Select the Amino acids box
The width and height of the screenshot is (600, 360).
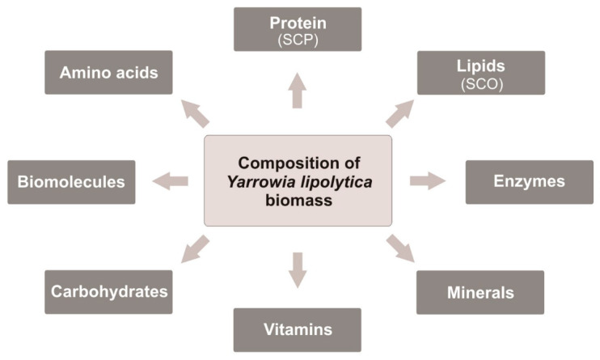[x=108, y=72]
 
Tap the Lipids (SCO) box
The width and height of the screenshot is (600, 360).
[x=480, y=73]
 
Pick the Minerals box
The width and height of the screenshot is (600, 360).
[x=480, y=292]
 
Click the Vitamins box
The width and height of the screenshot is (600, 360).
[x=297, y=329]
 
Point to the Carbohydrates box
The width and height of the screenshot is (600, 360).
[x=108, y=291]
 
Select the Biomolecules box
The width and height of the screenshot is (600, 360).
[x=71, y=181]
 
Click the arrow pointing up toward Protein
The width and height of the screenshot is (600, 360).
[x=297, y=90]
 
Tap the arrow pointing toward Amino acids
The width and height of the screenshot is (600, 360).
[x=194, y=114]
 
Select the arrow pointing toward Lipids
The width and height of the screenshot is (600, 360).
[x=399, y=114]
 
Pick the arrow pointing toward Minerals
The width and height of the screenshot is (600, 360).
[x=400, y=248]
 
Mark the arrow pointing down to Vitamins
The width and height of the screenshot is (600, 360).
[x=297, y=269]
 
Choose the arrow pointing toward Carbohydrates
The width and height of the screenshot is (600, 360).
[x=195, y=248]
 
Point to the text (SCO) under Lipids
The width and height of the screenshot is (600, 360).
[x=480, y=83]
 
